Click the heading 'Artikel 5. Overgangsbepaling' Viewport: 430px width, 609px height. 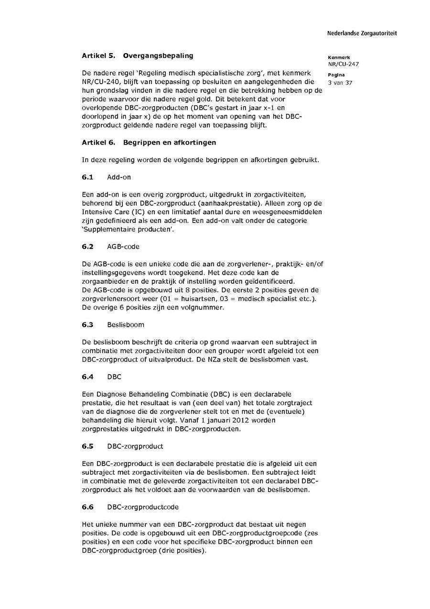(138, 55)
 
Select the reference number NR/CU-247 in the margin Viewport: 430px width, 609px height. (343, 64)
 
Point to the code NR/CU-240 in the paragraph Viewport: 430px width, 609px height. (99, 82)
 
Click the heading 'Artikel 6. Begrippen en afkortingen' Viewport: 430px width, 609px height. (149, 143)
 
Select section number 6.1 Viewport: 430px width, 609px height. (87, 177)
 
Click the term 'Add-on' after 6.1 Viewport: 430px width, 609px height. (119, 177)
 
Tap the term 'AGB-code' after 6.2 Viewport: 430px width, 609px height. (123, 246)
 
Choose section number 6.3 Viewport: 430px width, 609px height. (87, 324)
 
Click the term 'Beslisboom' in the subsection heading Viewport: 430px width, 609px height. (125, 324)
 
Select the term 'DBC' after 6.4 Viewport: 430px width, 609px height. (114, 376)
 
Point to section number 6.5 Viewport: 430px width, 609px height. (87, 446)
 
